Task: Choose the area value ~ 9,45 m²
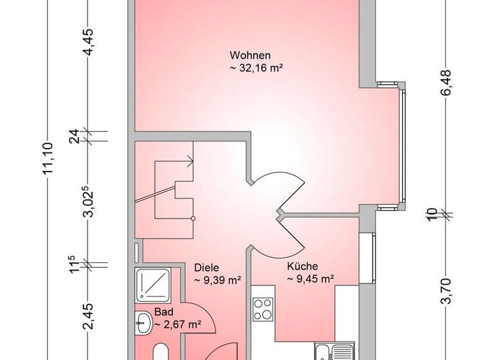pyautogui.click(x=309, y=278)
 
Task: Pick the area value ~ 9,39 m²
pyautogui.click(x=217, y=280)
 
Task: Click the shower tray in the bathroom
pyautogui.click(x=152, y=285)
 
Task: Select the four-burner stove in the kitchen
pyautogui.click(x=264, y=310)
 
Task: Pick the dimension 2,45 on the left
pyautogui.click(x=89, y=317)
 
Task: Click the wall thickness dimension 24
pyautogui.click(x=74, y=136)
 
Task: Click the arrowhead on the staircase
pyautogui.click(x=190, y=162)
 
